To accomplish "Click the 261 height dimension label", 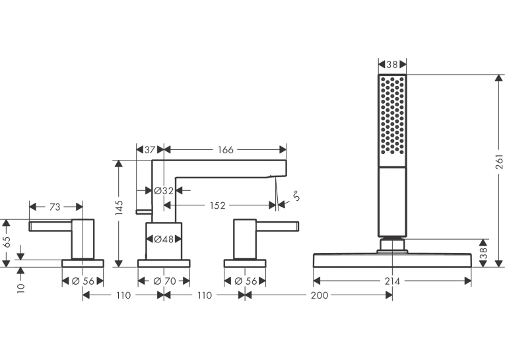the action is pyautogui.click(x=499, y=162).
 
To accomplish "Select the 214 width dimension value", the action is pyautogui.click(x=392, y=281).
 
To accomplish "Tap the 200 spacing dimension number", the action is pyautogui.click(x=320, y=295).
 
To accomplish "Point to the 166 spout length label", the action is pyautogui.click(x=226, y=150).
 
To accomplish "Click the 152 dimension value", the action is pyautogui.click(x=218, y=205).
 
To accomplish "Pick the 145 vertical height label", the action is pyautogui.click(x=119, y=208).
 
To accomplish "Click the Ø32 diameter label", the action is pyautogui.click(x=164, y=191).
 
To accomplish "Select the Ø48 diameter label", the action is pyautogui.click(x=164, y=239).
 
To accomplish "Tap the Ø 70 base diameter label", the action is pyautogui.click(x=165, y=281).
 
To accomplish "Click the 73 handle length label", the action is pyautogui.click(x=55, y=207).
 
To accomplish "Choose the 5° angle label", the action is pyautogui.click(x=296, y=196).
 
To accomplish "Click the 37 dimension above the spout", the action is pyautogui.click(x=150, y=150).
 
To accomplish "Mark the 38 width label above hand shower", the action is pyautogui.click(x=392, y=65).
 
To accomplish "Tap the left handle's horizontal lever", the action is pyautogui.click(x=50, y=227).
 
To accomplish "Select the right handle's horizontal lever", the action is pyautogui.click(x=277, y=227).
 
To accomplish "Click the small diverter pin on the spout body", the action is pyautogui.click(x=144, y=211).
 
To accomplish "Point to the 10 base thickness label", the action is pyautogui.click(x=21, y=287).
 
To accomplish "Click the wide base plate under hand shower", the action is pyautogui.click(x=392, y=260).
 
